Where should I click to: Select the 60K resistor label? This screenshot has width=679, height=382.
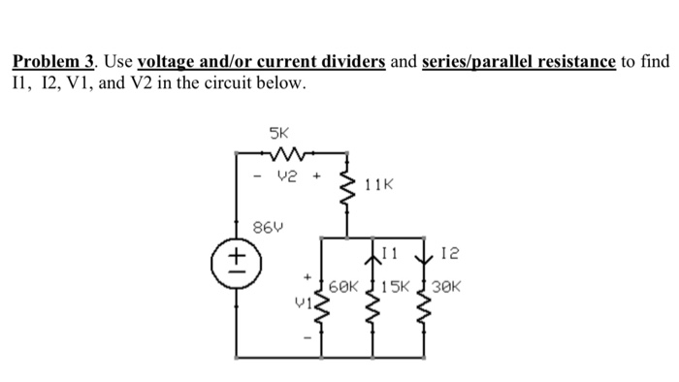click(344, 288)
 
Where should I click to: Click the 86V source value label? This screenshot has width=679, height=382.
click(265, 228)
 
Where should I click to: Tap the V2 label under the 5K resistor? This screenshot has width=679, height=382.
click(287, 177)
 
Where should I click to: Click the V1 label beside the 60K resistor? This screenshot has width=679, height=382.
click(301, 302)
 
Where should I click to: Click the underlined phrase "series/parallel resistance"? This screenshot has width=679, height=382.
click(519, 62)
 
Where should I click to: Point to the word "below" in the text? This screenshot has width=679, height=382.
click(281, 83)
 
